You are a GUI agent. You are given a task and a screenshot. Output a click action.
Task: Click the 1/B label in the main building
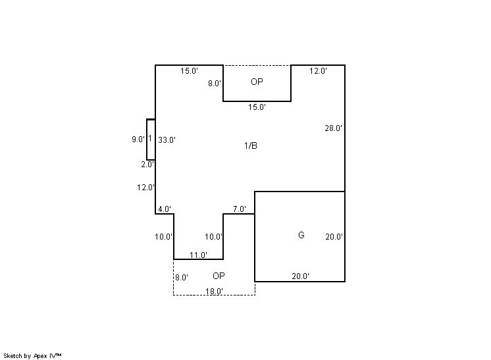(x=251, y=145)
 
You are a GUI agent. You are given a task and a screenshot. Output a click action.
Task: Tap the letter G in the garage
(x=301, y=235)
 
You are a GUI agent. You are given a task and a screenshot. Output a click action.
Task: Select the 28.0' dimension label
(x=334, y=128)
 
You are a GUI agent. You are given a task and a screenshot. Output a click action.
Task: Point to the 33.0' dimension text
(x=167, y=140)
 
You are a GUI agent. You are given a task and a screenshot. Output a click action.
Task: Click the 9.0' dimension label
(x=138, y=140)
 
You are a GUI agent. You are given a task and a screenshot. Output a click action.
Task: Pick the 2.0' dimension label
(x=147, y=165)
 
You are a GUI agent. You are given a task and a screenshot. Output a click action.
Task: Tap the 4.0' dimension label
(x=165, y=209)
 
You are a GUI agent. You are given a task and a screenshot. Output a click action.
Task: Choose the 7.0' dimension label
(x=240, y=209)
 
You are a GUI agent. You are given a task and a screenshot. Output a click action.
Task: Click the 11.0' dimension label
(x=199, y=255)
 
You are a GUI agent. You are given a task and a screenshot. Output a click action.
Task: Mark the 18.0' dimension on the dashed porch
(x=214, y=291)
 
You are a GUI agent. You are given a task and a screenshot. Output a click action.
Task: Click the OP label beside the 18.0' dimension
(x=219, y=276)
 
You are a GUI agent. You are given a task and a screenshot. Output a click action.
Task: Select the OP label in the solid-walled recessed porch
(x=257, y=82)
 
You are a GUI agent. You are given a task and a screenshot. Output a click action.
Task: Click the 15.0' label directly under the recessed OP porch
(x=257, y=107)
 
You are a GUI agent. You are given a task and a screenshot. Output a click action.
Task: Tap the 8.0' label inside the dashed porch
(x=182, y=277)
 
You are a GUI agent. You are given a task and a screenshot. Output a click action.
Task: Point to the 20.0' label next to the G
(x=334, y=237)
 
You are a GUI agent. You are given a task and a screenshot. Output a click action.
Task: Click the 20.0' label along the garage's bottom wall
(x=301, y=276)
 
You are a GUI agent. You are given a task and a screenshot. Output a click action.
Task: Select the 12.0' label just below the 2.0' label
(x=145, y=188)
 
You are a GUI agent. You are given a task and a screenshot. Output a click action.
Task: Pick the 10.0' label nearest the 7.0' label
(x=213, y=237)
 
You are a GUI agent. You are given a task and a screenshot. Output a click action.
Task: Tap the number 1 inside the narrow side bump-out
(x=150, y=138)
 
